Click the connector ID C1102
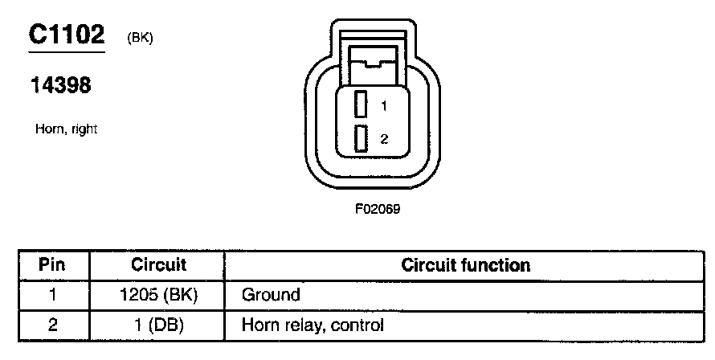[x=67, y=35]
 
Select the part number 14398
[x=60, y=86]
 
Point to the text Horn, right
[x=67, y=129]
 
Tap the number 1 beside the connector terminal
[x=384, y=105]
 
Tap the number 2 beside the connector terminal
[x=384, y=139]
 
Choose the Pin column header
[x=52, y=264]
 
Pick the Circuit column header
[x=158, y=264]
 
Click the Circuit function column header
[x=465, y=264]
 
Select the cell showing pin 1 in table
[x=52, y=295]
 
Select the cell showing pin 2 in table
[x=52, y=325]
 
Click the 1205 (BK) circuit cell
[x=158, y=295]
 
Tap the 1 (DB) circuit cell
[x=158, y=325]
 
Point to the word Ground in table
[x=271, y=295]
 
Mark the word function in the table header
[x=500, y=264]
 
